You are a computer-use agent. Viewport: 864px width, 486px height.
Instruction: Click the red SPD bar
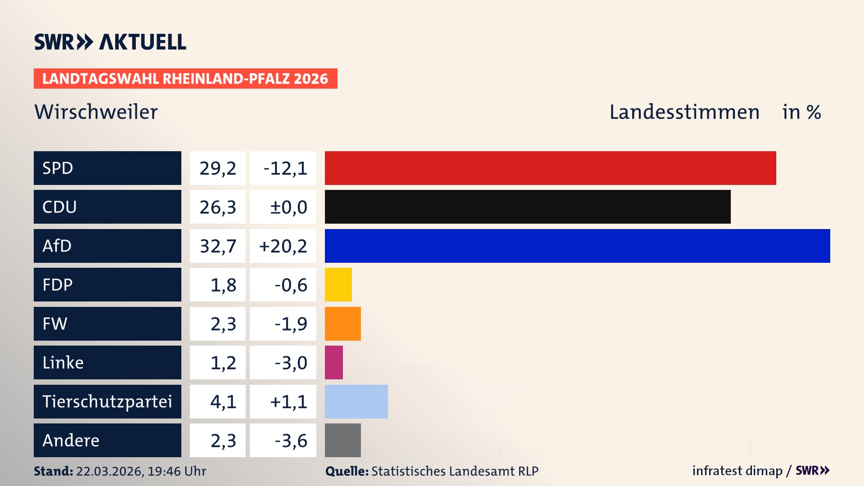click(x=550, y=168)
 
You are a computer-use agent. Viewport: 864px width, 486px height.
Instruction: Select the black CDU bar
click(x=527, y=207)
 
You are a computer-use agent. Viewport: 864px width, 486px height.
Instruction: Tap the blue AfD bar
click(x=577, y=246)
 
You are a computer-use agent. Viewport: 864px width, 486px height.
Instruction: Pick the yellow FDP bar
click(x=338, y=284)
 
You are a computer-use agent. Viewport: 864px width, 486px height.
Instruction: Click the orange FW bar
click(x=342, y=324)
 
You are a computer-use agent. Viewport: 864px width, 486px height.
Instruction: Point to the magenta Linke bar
click(x=333, y=362)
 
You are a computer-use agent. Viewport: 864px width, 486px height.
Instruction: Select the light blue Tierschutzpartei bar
click(x=356, y=401)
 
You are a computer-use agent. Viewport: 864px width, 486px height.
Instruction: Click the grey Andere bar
click(x=342, y=440)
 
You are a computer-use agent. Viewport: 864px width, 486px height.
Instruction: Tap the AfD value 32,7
click(x=218, y=246)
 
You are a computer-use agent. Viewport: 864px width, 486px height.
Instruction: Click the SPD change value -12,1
click(x=285, y=168)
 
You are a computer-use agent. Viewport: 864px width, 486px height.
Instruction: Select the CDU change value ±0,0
click(x=288, y=207)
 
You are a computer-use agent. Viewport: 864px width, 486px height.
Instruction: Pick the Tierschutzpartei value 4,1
click(x=223, y=402)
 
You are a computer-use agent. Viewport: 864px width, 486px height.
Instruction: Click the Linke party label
click(x=63, y=362)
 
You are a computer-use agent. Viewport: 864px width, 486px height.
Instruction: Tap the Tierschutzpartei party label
click(x=107, y=401)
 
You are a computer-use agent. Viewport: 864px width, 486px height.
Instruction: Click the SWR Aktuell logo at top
click(x=110, y=42)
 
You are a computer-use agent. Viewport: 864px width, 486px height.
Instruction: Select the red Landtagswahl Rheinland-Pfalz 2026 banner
click(x=185, y=78)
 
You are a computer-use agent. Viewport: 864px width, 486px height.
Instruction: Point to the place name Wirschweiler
click(x=96, y=112)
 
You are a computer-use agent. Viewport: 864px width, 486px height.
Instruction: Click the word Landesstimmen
click(x=684, y=112)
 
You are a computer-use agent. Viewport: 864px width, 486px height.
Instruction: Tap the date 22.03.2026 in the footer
click(x=109, y=471)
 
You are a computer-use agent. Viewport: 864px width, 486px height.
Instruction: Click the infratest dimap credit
click(x=737, y=471)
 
